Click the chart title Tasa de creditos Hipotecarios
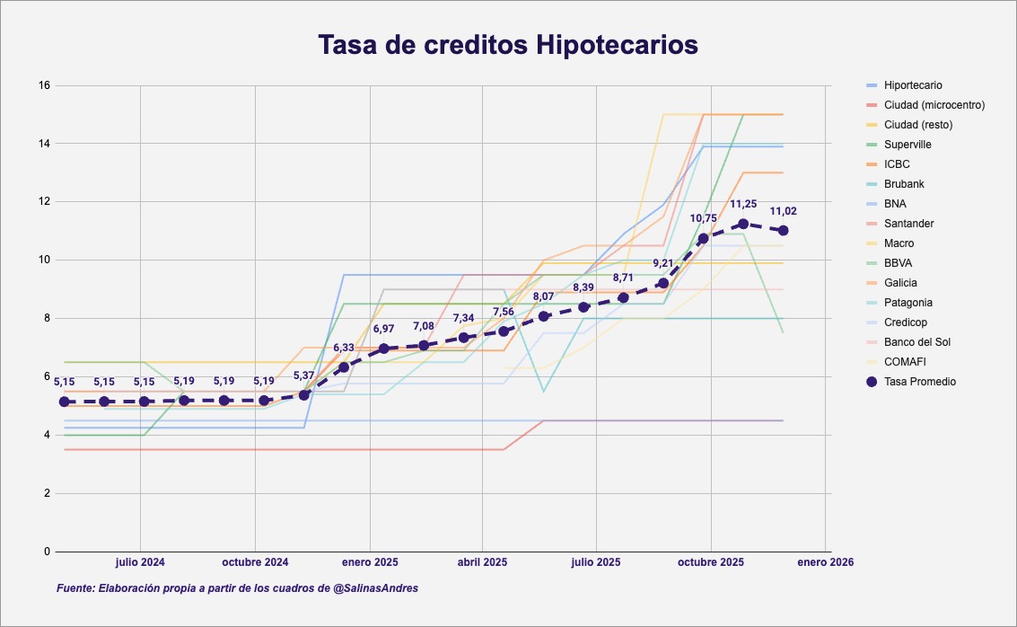pos(508,45)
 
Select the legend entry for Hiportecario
pos(913,85)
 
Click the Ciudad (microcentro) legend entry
pos(934,105)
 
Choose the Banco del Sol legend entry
pos(916,342)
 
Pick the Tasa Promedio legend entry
pos(919,382)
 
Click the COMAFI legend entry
pos(904,362)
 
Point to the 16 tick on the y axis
pos(44,85)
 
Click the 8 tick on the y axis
pos(47,319)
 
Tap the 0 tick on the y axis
pos(47,552)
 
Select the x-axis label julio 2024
pos(140,563)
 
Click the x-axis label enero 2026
pos(825,563)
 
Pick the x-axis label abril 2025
pos(482,563)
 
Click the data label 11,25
pos(743,205)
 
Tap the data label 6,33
pos(344,348)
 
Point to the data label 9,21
pos(663,263)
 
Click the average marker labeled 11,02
pos(784,231)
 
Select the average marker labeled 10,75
pos(704,238)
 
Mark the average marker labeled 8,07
pos(543,316)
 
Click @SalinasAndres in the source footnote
pos(375,588)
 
